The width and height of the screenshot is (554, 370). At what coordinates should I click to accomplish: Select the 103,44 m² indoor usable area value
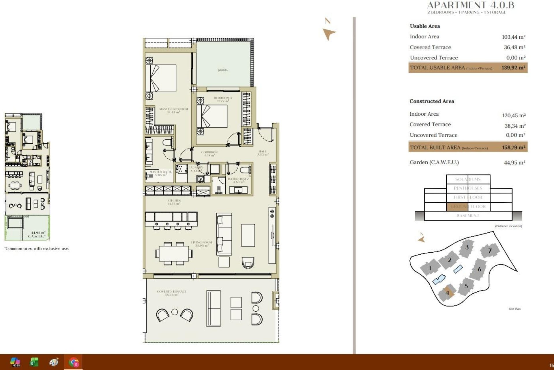click(513, 37)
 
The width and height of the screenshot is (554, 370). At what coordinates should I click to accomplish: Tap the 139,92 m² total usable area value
click(513, 68)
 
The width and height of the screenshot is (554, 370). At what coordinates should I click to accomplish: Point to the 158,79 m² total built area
click(513, 147)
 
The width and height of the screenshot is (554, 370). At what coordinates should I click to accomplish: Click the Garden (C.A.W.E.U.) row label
click(434, 162)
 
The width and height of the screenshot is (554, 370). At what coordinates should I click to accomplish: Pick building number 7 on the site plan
click(490, 251)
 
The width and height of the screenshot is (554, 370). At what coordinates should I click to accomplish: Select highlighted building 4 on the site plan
click(448, 293)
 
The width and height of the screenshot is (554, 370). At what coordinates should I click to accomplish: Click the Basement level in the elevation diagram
click(468, 216)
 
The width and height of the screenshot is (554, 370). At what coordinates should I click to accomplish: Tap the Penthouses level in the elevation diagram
click(468, 188)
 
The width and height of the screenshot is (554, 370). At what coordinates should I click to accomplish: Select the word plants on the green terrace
click(222, 70)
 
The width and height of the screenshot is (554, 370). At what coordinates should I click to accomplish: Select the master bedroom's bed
click(161, 78)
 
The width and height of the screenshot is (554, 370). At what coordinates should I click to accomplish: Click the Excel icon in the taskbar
click(34, 362)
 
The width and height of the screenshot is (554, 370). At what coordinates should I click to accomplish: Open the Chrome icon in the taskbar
click(74, 362)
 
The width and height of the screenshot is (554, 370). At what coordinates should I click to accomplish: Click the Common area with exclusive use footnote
click(37, 249)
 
